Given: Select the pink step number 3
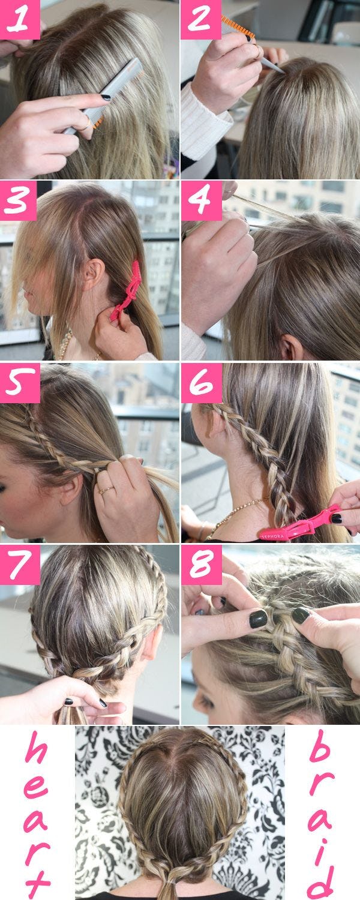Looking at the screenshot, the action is (18, 200).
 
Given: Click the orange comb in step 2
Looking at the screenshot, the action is (238, 28).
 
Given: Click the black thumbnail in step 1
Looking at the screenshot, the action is (106, 97).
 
